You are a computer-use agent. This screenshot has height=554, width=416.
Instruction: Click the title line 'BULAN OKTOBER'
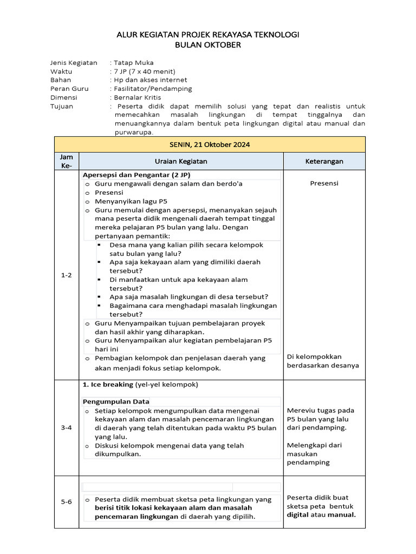click(208, 45)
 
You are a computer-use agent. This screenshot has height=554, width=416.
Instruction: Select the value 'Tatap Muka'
click(133, 63)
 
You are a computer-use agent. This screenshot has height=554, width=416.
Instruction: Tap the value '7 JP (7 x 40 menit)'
click(144, 71)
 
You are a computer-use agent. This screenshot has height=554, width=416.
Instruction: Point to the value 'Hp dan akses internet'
click(148, 80)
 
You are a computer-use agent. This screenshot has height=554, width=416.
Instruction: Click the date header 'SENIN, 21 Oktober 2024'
click(210, 144)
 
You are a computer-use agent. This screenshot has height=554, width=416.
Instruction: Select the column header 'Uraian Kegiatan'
click(181, 161)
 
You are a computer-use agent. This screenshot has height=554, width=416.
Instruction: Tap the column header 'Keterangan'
click(324, 161)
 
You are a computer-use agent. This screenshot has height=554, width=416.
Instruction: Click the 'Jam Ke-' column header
click(66, 161)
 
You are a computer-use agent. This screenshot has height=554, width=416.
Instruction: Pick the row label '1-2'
click(66, 275)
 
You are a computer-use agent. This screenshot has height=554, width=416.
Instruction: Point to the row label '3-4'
click(66, 427)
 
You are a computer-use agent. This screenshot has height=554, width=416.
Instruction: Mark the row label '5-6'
click(66, 502)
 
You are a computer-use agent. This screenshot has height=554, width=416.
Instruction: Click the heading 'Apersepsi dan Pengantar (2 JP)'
click(136, 175)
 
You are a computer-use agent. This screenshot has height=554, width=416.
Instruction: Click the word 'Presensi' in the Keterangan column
click(324, 183)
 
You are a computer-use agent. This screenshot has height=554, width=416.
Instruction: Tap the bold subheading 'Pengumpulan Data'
click(116, 401)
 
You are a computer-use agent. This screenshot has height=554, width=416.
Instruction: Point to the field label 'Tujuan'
click(62, 106)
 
